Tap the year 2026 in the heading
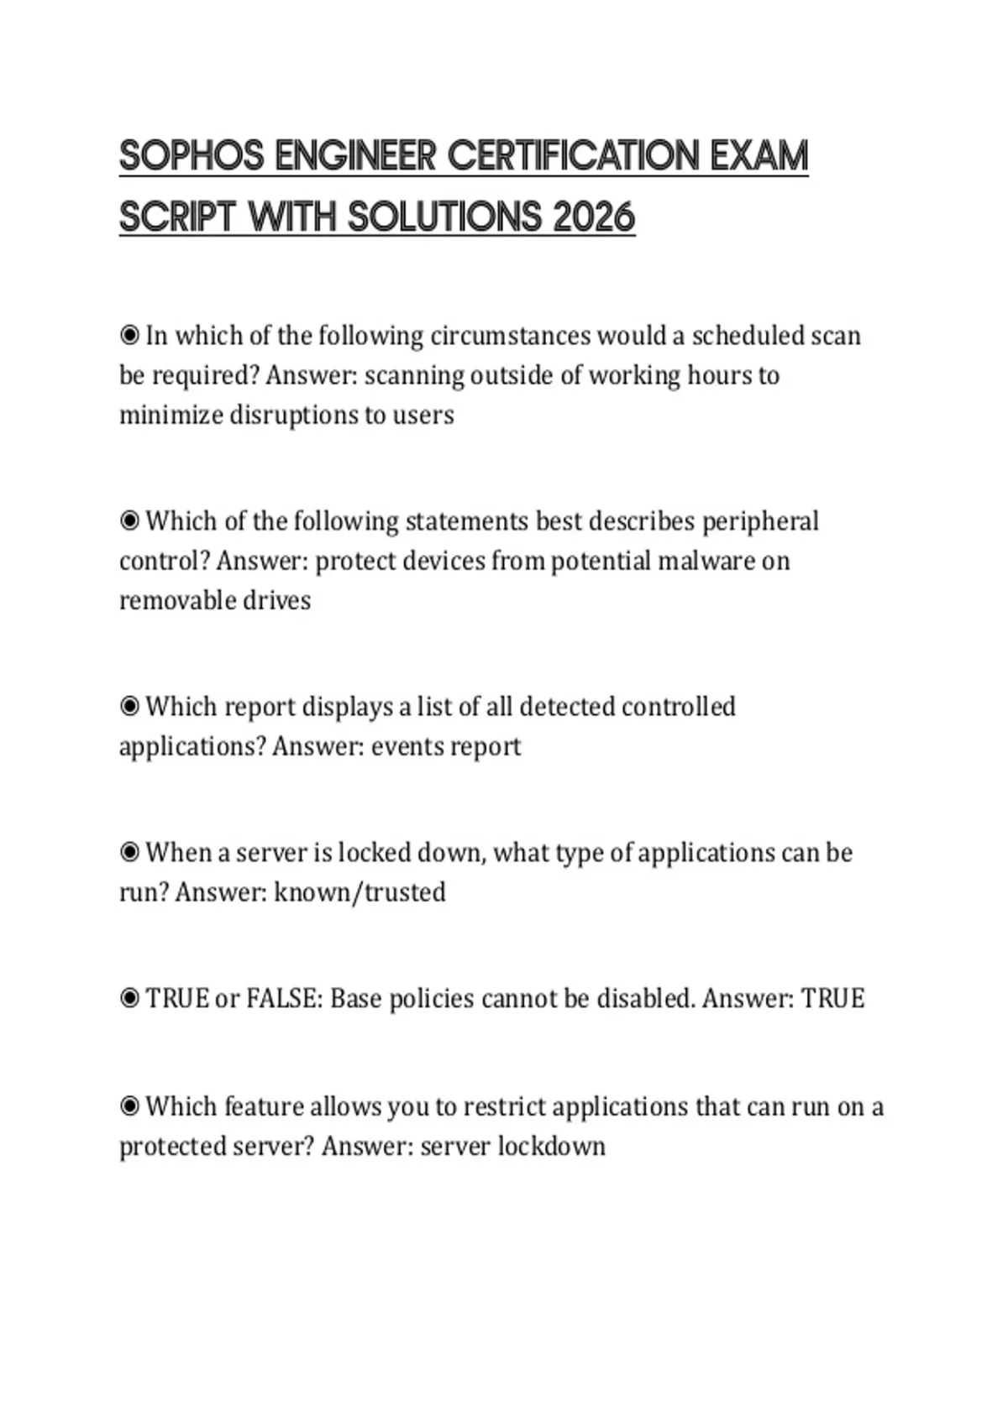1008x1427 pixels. click(x=594, y=217)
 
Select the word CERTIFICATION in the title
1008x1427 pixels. click(x=573, y=156)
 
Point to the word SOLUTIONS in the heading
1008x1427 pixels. click(x=445, y=217)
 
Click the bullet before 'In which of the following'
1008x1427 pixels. click(x=129, y=336)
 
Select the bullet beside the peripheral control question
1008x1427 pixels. click(x=129, y=521)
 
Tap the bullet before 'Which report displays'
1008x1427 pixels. click(x=129, y=707)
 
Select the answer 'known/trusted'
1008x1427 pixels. click(x=360, y=891)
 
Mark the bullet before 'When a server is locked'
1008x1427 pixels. click(x=129, y=853)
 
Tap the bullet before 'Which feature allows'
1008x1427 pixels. click(x=129, y=1106)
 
